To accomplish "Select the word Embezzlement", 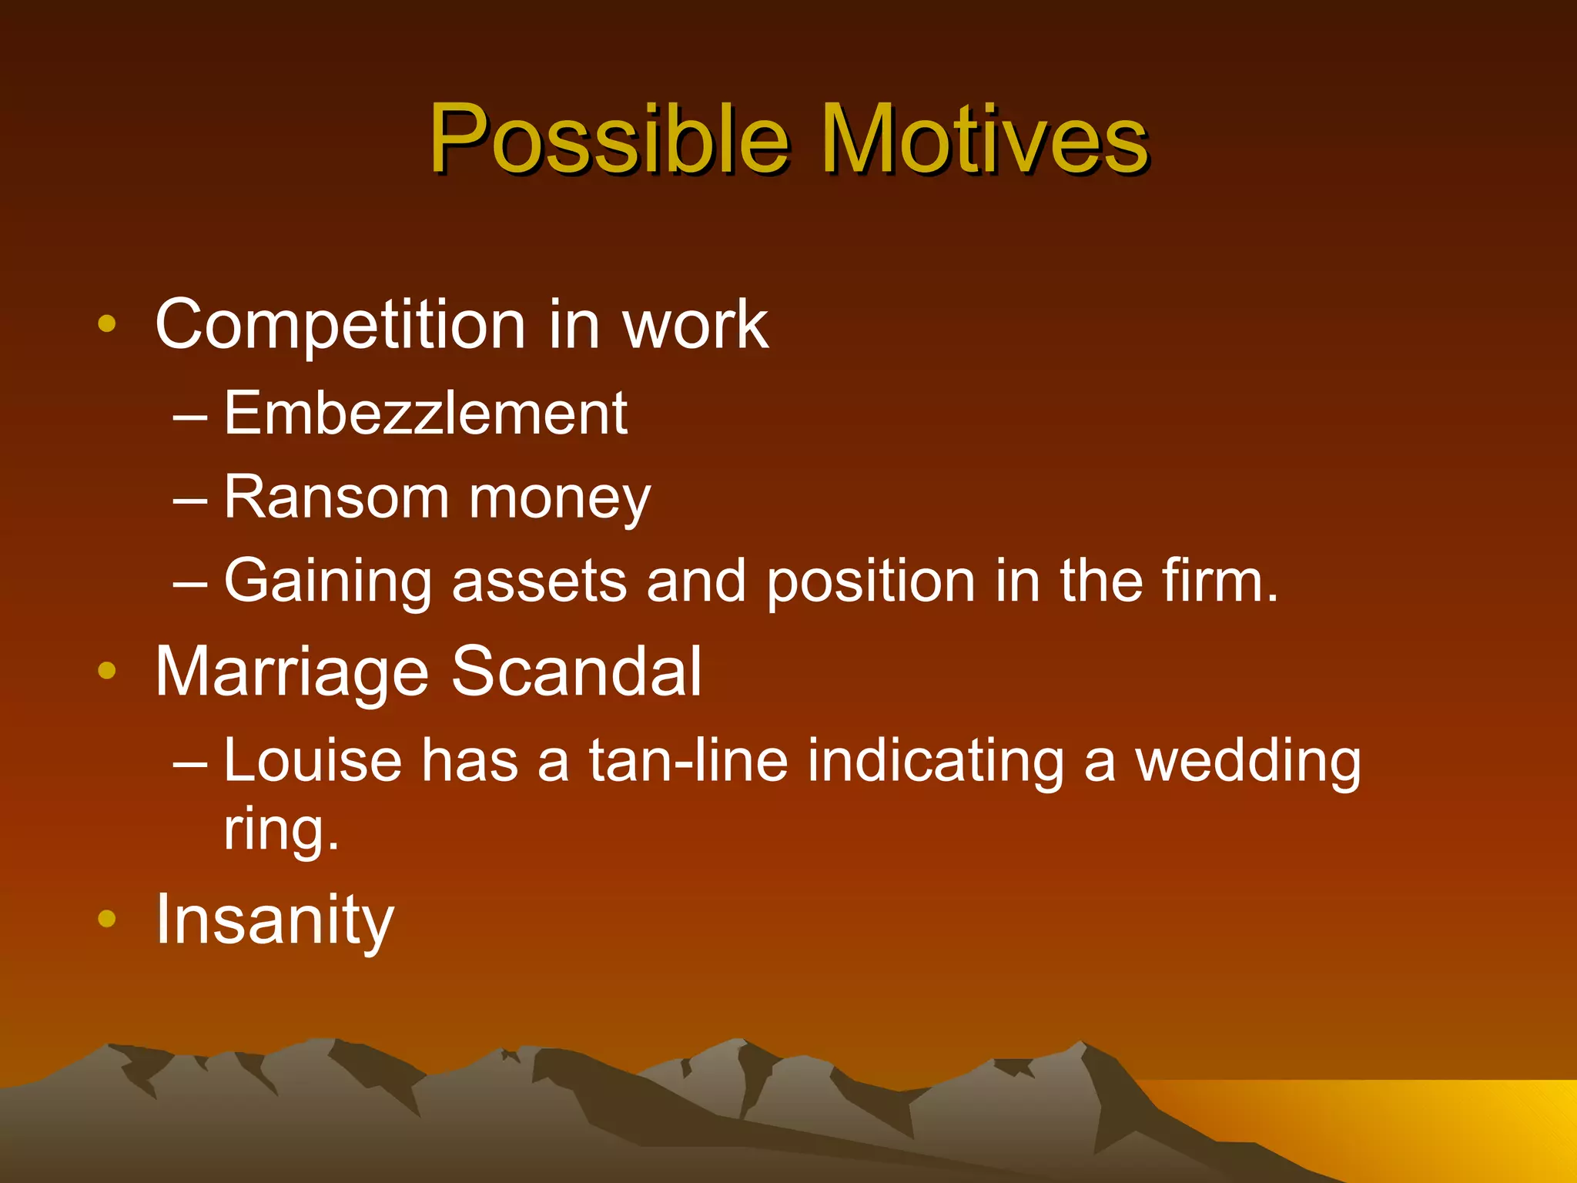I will click(425, 414).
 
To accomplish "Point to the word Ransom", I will click(336, 498).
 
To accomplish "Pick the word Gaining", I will click(327, 582).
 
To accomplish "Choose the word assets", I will click(539, 581).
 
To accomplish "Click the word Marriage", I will click(292, 672).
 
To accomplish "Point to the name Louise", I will click(313, 761).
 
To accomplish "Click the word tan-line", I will click(688, 761).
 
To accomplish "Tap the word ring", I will click(281, 830).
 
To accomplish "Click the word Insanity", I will click(274, 920).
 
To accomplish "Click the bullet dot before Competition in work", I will click(107, 324).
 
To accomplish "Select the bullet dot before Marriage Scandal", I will click(107, 671).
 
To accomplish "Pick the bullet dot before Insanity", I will click(107, 918).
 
